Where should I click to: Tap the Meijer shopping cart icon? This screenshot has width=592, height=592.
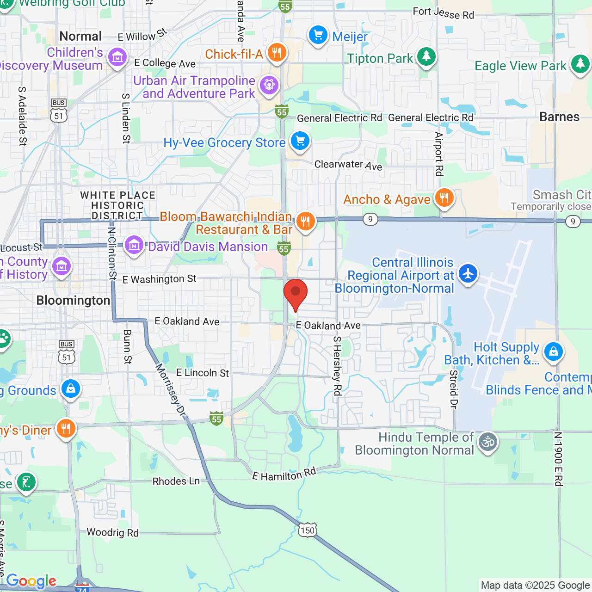coord(318,35)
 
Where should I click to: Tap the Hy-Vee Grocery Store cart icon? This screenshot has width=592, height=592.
coord(300,141)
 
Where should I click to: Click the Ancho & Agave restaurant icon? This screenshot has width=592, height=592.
coord(444,198)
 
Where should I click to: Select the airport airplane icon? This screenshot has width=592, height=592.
coord(468,273)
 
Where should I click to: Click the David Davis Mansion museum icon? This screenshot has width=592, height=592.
coord(134,246)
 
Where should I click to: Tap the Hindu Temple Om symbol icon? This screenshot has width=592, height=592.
coord(487,443)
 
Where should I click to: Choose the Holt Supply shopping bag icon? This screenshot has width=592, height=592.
coord(553,352)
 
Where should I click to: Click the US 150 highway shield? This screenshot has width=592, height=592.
coord(308,530)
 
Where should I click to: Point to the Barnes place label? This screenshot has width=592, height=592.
coord(559,117)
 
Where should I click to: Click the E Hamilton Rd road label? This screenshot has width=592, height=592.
coord(284,474)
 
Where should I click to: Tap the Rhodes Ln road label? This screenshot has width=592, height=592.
coord(176,481)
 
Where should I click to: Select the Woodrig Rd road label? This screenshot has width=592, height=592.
coord(112,533)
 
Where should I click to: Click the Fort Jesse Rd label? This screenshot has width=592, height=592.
coord(443,13)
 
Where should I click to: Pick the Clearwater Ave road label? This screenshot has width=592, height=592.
coord(348,165)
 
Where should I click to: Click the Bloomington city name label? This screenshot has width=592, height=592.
coord(73,301)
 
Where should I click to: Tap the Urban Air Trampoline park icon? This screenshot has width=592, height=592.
coord(269,85)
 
